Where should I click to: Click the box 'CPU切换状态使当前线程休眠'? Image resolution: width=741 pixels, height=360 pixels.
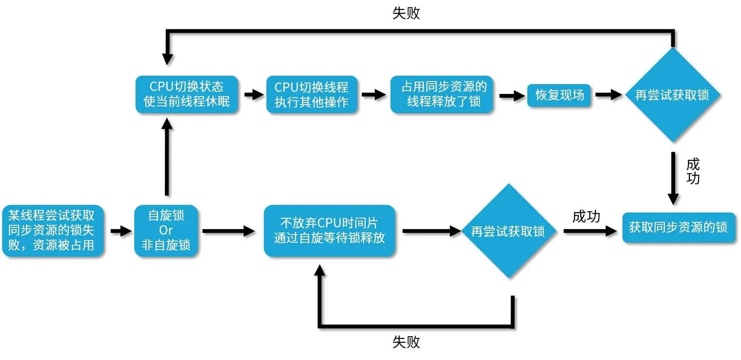(187, 94)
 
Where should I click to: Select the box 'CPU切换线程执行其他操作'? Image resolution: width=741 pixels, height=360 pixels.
(311, 94)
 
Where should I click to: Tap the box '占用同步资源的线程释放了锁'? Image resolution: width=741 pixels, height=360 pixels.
(442, 94)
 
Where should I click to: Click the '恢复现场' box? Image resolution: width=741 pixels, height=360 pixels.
(559, 95)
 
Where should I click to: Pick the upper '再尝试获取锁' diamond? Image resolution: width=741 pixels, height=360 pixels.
(672, 95)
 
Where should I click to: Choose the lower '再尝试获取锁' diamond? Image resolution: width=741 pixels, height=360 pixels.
(508, 231)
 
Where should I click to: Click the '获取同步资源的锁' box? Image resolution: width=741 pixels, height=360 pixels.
(678, 227)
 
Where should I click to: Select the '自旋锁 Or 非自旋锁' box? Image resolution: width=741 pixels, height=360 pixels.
(166, 230)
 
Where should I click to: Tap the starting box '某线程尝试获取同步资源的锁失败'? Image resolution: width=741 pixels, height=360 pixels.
(52, 230)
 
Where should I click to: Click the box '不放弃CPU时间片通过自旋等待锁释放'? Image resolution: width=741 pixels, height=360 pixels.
(329, 230)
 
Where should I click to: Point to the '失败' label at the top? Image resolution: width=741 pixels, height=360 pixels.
(406, 13)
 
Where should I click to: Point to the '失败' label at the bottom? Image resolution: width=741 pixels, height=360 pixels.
(406, 342)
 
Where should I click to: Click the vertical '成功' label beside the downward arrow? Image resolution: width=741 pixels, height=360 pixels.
(693, 171)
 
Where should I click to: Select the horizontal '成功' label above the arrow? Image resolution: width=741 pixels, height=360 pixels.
(586, 217)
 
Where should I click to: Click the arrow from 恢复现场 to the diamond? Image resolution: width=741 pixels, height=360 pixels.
(608, 94)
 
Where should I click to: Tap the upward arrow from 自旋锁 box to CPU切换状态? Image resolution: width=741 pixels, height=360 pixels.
(167, 157)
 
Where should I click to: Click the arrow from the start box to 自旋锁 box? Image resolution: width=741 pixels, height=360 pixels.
(121, 231)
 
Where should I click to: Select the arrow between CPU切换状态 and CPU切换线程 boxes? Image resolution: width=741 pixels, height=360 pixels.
(253, 94)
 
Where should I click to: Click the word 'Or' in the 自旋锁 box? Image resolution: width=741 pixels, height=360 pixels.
(166, 230)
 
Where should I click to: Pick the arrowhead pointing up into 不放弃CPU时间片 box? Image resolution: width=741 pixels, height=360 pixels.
(320, 270)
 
